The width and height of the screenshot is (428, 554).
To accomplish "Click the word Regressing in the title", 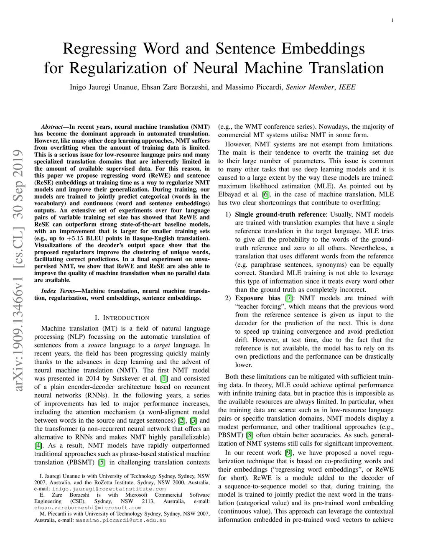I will [99, 49].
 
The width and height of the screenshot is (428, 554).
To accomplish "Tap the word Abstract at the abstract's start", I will [53, 127].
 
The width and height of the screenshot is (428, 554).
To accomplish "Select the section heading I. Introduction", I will [122, 318].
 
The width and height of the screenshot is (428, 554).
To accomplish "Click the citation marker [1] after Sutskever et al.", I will [164, 378].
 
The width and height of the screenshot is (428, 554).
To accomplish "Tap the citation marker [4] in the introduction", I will [38, 445].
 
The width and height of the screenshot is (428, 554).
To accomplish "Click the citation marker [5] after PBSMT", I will [102, 462].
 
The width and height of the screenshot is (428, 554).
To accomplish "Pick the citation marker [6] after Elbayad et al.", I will [265, 194].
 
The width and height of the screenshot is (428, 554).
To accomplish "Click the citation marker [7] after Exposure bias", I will [289, 298].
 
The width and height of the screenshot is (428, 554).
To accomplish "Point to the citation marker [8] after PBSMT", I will [250, 435].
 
